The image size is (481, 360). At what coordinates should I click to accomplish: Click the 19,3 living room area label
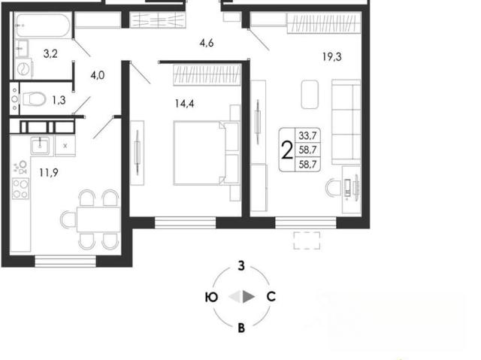[332, 56]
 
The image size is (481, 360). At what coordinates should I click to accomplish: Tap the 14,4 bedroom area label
[184, 104]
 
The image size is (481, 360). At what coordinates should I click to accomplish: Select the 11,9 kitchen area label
[49, 173]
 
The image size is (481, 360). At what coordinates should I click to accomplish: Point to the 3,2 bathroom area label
[50, 53]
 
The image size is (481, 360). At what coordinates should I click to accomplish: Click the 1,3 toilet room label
[59, 100]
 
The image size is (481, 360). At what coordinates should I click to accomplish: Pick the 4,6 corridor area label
[207, 43]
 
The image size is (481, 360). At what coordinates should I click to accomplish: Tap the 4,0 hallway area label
[98, 75]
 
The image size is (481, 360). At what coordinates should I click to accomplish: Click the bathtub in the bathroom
[43, 25]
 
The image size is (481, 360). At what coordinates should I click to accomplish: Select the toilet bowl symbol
[33, 99]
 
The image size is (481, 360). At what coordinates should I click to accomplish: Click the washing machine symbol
[23, 68]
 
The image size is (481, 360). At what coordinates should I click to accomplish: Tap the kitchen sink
[40, 146]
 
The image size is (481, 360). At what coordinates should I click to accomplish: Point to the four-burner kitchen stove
[20, 189]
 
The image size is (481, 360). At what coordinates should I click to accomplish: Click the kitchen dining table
[98, 219]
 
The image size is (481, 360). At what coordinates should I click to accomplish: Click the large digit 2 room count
[287, 150]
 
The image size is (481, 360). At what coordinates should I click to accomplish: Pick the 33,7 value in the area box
[307, 135]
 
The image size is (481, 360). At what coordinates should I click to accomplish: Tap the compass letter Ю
[211, 297]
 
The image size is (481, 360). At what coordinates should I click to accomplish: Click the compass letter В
[241, 328]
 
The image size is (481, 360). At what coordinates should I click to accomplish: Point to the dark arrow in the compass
[249, 297]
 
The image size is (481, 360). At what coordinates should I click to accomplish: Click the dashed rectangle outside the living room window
[307, 241]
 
